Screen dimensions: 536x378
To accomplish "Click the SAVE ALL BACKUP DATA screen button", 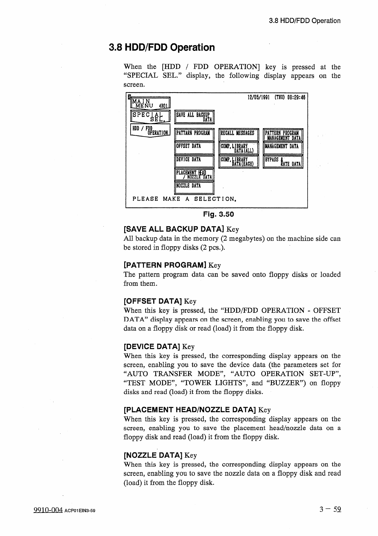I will point(195,117).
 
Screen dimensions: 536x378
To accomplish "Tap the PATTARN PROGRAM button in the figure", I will point(195,135).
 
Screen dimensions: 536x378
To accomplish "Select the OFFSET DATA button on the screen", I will point(195,148).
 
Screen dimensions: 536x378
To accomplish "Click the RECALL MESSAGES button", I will point(239,135).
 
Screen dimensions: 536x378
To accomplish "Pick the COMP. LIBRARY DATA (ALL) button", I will point(239,148).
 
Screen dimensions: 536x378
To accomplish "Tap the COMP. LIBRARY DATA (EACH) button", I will point(239,162).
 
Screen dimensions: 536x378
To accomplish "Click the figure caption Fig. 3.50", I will point(218,214).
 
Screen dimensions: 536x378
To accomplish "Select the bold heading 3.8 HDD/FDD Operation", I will point(162,47).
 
